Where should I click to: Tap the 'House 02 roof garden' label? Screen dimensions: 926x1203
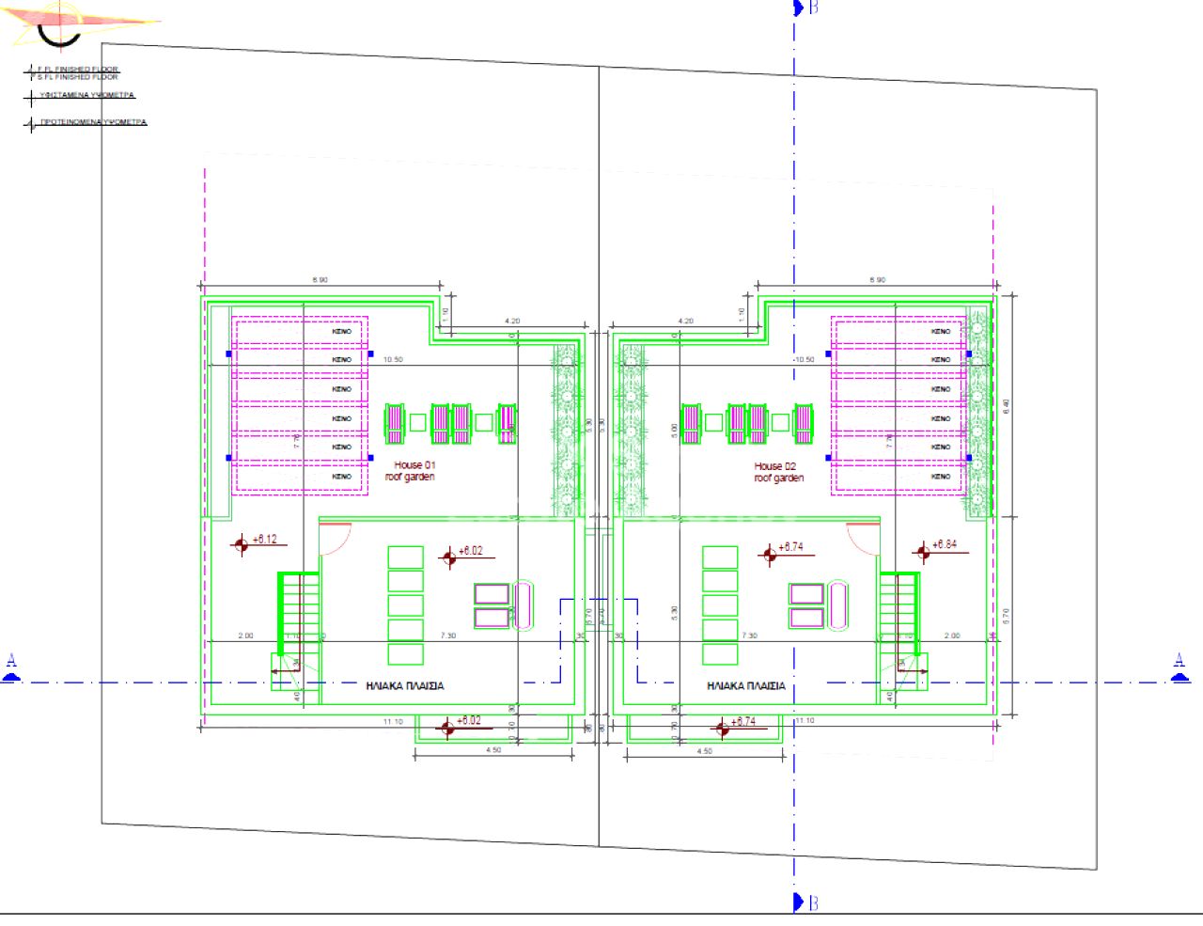point(778,472)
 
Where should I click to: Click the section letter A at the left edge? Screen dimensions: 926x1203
point(11,662)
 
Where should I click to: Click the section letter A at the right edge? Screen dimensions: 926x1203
point(1180,662)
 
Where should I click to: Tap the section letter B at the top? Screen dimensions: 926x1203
point(813,8)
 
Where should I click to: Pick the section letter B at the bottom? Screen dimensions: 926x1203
point(813,902)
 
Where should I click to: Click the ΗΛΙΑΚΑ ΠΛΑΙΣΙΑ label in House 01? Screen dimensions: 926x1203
point(405,686)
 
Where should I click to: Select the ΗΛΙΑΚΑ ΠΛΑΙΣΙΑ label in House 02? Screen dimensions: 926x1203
point(746,686)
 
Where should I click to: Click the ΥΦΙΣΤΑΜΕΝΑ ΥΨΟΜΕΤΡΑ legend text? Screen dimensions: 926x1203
point(86,96)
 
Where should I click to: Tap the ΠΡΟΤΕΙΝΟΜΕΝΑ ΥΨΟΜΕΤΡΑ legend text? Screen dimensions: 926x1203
point(92,122)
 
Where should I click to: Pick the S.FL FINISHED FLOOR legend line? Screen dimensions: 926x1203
point(77,77)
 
